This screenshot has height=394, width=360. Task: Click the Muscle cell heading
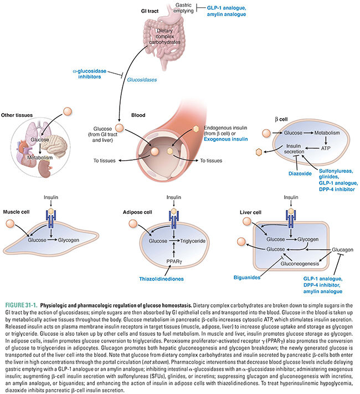coord(17,211)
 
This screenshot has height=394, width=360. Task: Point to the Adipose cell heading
coord(137,211)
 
